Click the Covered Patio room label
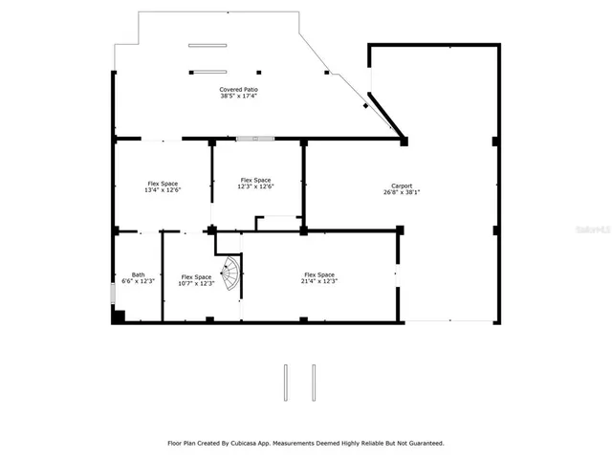tap(238, 89)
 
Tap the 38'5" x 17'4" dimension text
tap(238, 96)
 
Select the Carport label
tap(402, 186)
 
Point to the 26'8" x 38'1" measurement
tap(402, 192)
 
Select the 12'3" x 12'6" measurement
tap(255, 186)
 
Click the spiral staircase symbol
tap(230, 274)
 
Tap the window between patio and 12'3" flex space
tap(255, 140)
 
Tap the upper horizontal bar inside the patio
tap(208, 45)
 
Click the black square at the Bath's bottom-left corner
tap(118, 317)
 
